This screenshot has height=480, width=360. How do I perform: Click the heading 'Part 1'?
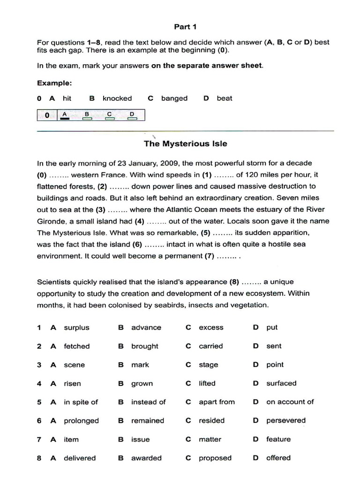pyautogui.click(x=185, y=27)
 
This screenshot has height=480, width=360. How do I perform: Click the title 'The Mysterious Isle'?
pyautogui.click(x=185, y=143)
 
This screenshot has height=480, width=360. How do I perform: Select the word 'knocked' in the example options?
pyautogui.click(x=117, y=98)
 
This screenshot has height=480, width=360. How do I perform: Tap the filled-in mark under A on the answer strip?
pyautogui.click(x=65, y=119)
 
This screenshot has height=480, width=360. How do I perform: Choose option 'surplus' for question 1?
pyautogui.click(x=76, y=328)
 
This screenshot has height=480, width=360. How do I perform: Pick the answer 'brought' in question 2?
pyautogui.click(x=144, y=346)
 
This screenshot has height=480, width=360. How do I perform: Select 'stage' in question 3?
pyautogui.click(x=208, y=365)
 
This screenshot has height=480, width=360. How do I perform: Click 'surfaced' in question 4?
pyautogui.click(x=281, y=383)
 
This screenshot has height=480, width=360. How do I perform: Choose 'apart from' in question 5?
pyautogui.click(x=217, y=402)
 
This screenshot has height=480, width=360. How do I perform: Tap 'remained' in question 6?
pyautogui.click(x=148, y=421)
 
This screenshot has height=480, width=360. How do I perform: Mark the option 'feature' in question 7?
pyautogui.click(x=278, y=439)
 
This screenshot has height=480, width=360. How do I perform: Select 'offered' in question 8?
pyautogui.click(x=278, y=458)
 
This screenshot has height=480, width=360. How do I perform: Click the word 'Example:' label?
pyautogui.click(x=54, y=83)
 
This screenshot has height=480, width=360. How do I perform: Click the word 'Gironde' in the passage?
pyautogui.click(x=52, y=221)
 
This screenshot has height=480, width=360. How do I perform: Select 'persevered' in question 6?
pyautogui.click(x=285, y=421)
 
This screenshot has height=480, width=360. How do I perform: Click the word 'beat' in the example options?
pyautogui.click(x=224, y=98)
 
